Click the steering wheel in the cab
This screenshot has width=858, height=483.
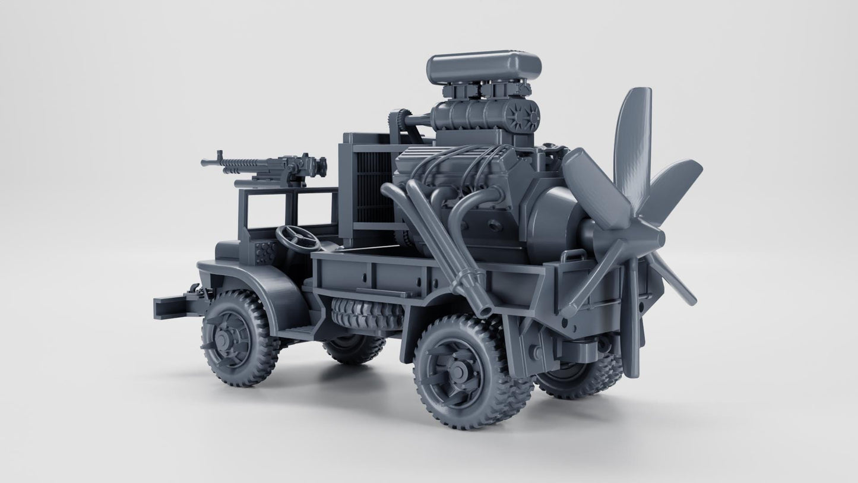coord(297,237)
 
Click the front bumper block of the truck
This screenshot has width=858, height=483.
coord(169,307)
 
